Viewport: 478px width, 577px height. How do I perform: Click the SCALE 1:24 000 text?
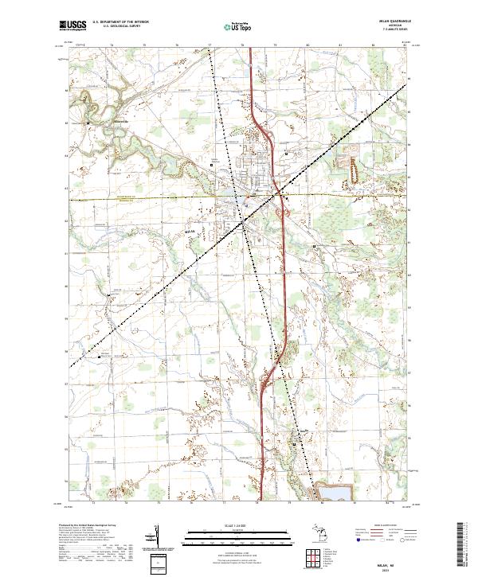(x=238, y=526)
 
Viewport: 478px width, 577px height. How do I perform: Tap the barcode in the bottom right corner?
(x=462, y=548)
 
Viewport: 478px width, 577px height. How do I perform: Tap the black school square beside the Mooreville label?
(x=88, y=123)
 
